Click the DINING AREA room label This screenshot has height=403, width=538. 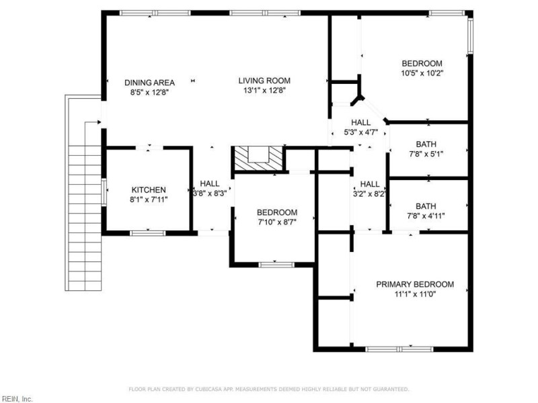tap(149, 83)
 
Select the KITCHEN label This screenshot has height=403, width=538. tap(149, 190)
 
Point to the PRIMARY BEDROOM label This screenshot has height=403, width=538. tap(414, 284)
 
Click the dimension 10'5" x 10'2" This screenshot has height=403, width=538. tap(422, 73)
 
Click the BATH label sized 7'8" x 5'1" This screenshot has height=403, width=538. tap(425, 144)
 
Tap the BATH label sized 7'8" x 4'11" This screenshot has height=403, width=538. tap(425, 206)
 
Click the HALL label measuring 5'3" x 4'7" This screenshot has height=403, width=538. tap(360, 122)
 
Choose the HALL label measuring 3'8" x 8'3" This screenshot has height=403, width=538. tap(209, 183)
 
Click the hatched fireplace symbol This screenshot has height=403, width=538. tap(258, 159)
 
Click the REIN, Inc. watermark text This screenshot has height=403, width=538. tap(17, 398)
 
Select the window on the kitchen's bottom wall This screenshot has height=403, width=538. tap(147, 233)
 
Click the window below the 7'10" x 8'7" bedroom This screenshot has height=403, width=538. tap(276, 265)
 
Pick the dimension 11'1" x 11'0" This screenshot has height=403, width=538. tap(414, 294)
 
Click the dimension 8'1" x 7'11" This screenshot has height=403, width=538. tap(149, 199)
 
